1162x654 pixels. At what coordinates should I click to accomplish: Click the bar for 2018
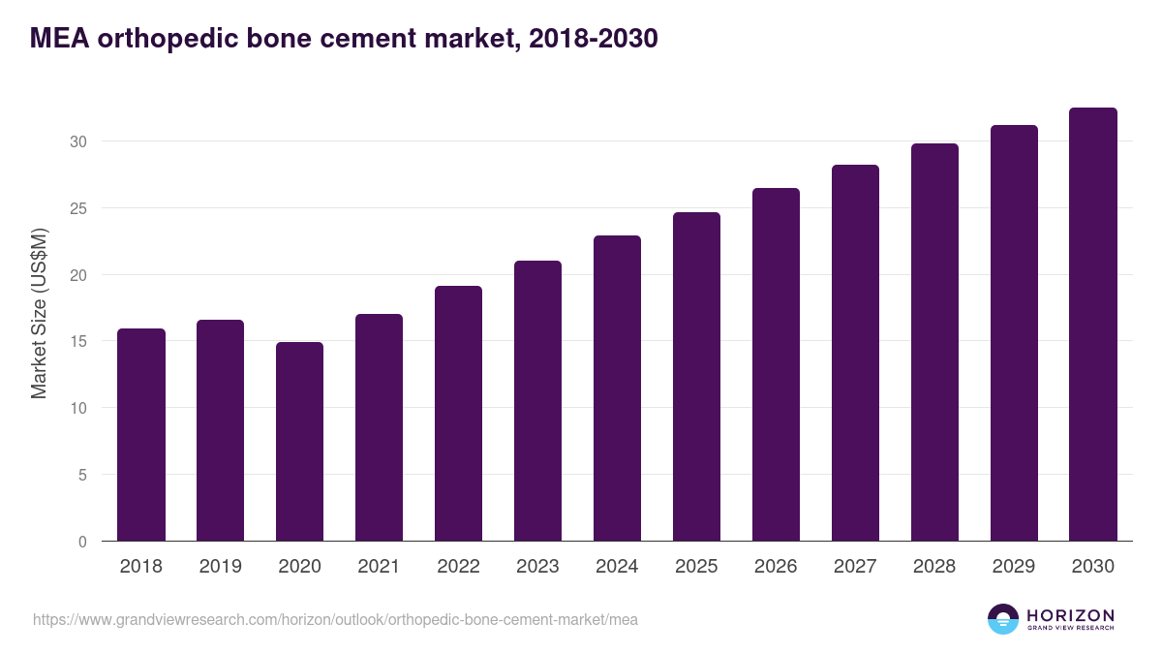tap(141, 435)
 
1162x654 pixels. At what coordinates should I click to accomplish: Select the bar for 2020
tap(300, 442)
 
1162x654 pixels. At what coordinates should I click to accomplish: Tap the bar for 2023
tap(538, 401)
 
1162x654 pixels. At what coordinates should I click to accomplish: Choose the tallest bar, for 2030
tap(1093, 325)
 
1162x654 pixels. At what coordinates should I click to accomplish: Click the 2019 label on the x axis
tap(221, 567)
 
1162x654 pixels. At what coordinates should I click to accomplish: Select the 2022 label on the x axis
tap(459, 567)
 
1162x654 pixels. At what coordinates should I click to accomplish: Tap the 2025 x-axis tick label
tap(697, 567)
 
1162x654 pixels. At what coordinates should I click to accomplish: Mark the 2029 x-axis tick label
tap(1014, 567)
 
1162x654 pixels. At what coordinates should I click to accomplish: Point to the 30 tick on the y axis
tap(78, 141)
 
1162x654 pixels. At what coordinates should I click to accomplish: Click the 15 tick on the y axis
tap(78, 341)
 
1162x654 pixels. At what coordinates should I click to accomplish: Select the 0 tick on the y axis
tap(82, 542)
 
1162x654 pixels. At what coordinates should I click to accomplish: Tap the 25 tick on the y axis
tap(78, 208)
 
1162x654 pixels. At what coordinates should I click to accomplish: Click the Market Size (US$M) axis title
tap(40, 312)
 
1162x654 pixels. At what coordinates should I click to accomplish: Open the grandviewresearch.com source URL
tap(335, 619)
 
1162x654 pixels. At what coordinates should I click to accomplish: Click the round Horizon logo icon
tap(1003, 619)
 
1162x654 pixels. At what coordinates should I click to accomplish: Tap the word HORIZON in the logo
tap(1070, 614)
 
